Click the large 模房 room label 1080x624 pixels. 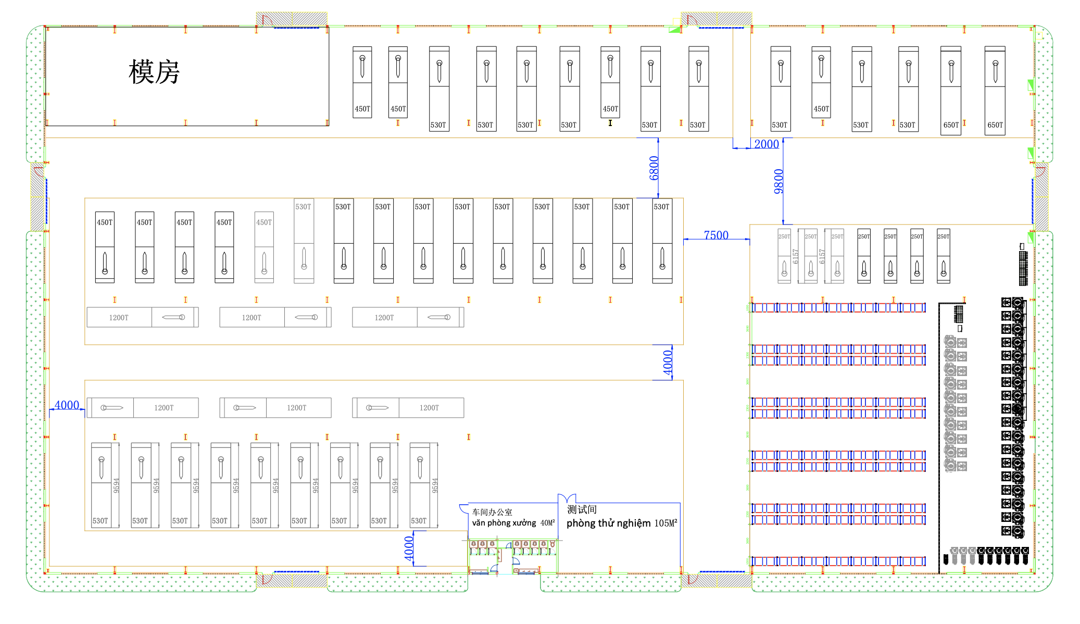(x=154, y=72)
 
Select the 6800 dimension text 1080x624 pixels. (x=654, y=168)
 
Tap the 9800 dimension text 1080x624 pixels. (x=778, y=181)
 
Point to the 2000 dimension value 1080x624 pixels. (x=767, y=144)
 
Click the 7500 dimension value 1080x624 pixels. (x=716, y=235)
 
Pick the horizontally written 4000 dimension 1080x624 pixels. (x=67, y=405)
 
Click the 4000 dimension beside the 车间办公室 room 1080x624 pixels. (x=409, y=548)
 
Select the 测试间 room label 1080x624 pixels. (x=582, y=509)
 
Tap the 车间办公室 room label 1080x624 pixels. (x=492, y=512)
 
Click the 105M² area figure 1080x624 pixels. (x=665, y=523)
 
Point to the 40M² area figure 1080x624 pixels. (x=547, y=523)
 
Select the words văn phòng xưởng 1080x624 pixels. (x=504, y=523)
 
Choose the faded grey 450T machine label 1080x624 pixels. (x=264, y=222)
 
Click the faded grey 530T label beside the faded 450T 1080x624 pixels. (x=303, y=207)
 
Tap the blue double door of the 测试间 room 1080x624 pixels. (x=567, y=498)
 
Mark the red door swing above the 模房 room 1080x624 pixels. (x=267, y=20)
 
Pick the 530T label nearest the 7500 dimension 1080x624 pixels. (x=661, y=207)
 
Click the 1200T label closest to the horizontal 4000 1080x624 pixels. (x=164, y=408)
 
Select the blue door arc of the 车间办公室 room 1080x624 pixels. (x=463, y=508)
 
